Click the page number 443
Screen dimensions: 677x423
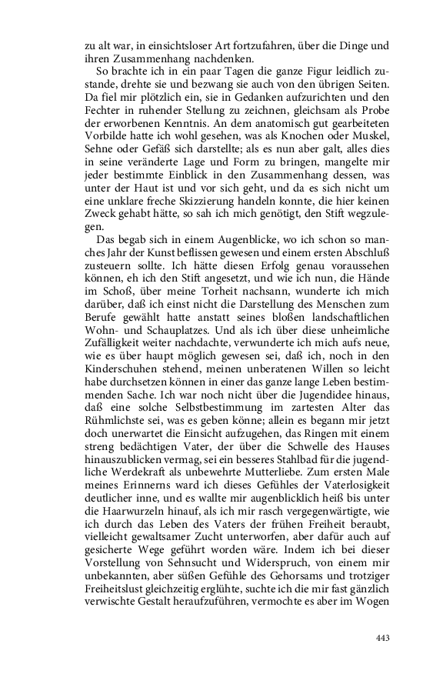tap(383, 639)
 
